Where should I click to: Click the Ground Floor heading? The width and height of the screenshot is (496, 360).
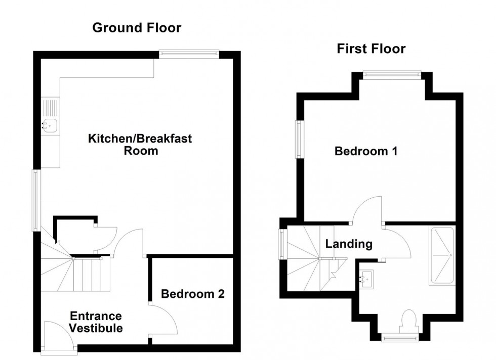[x=136, y=28]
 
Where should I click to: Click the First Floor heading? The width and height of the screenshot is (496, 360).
[x=371, y=49]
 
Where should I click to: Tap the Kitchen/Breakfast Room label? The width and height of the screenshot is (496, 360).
[x=140, y=145]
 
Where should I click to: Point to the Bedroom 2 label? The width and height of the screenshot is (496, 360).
[x=192, y=293]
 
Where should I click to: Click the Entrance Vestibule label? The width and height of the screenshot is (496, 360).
[x=96, y=322]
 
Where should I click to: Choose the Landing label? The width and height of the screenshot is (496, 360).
[x=349, y=244]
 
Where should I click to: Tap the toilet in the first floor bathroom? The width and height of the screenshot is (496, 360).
[x=407, y=321]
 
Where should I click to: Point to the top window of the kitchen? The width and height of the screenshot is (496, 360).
[x=188, y=53]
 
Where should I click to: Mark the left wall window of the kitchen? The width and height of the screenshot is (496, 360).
[x=35, y=200]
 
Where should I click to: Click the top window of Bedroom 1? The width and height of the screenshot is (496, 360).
[x=391, y=75]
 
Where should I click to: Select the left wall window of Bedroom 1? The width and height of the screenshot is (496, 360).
[x=299, y=139]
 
